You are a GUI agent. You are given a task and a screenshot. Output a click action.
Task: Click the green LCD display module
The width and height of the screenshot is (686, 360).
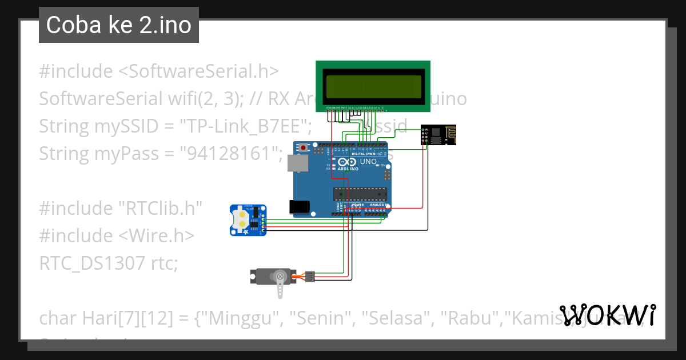(x=374, y=86)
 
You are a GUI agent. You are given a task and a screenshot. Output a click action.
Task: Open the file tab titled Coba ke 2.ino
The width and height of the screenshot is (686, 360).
(x=119, y=25)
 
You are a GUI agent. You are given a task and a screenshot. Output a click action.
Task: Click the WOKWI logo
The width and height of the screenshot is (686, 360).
(x=608, y=315)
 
